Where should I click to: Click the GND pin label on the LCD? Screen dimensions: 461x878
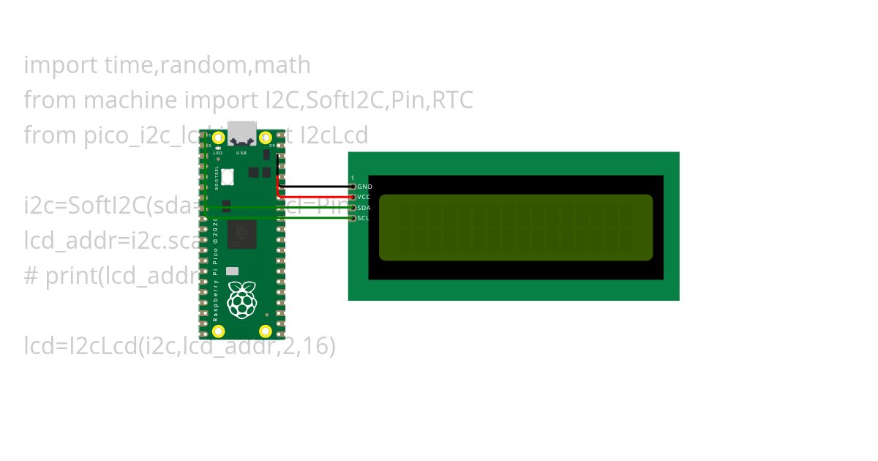coord(364,187)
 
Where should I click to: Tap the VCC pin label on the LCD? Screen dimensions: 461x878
coord(364,198)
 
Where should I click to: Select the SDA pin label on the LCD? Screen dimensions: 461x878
coord(364,208)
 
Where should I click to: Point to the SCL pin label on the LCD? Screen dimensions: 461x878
coord(364,218)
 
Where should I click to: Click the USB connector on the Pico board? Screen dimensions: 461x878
coord(242,133)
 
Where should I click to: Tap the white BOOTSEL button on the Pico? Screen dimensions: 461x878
coord(227,176)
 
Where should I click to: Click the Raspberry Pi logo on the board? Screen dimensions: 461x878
coord(242,299)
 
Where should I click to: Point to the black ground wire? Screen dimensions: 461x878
coord(315,187)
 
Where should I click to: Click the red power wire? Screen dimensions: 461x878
coord(315,197)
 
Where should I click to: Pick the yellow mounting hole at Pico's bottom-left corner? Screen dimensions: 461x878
coord(218,331)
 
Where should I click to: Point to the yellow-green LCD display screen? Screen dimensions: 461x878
coord(516,227)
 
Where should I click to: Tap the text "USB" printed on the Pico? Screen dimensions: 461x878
coord(241,153)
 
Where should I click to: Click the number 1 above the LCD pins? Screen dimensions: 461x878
coord(353,178)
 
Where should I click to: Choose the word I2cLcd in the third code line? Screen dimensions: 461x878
coord(335,135)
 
